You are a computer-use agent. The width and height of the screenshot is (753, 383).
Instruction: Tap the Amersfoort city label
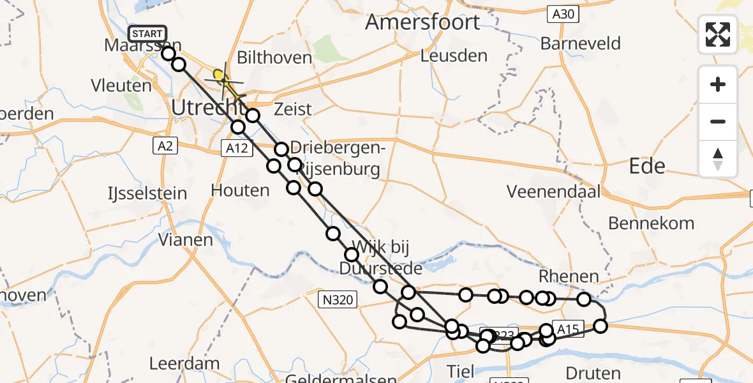(422, 22)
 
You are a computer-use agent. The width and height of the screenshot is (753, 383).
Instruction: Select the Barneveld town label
(580, 43)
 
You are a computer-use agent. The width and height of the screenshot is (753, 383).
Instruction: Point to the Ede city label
(647, 167)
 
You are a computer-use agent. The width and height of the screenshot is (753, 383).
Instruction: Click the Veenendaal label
(553, 191)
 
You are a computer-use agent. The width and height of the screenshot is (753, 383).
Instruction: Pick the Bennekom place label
(651, 223)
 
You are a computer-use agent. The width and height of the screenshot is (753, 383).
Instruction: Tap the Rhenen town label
(569, 276)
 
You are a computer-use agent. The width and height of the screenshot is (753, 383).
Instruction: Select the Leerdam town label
(175, 364)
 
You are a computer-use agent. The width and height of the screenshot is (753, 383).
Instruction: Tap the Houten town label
(240, 190)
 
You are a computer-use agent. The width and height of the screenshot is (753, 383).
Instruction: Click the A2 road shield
(165, 146)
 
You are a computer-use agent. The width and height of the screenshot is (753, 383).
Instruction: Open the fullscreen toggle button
(718, 34)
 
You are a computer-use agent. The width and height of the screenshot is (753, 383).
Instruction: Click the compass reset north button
(718, 159)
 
